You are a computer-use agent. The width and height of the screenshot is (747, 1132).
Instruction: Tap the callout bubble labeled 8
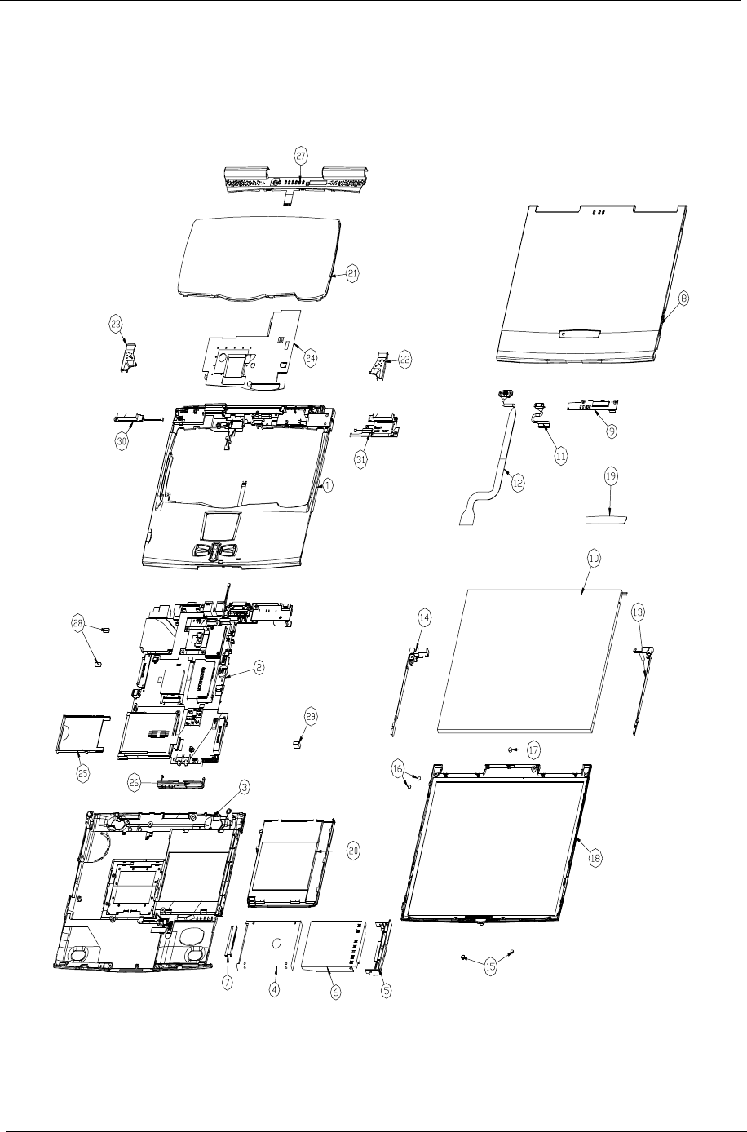(x=683, y=299)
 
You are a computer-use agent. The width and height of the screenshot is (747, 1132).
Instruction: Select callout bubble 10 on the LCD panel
(x=594, y=559)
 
